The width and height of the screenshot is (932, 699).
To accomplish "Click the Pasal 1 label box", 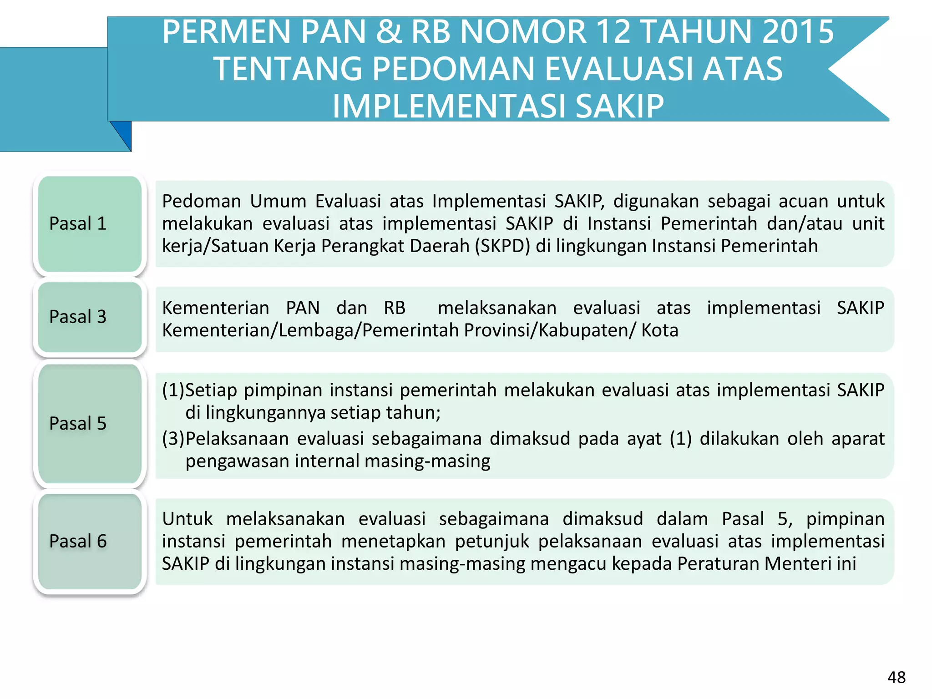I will pos(90,224).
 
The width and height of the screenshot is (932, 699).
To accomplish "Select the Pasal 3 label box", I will pos(90,317).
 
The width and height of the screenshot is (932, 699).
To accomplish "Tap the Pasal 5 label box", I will pos(90,424).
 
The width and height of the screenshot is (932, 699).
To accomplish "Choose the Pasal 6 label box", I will pos(90,542).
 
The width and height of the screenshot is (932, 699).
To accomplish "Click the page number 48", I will pos(896,678).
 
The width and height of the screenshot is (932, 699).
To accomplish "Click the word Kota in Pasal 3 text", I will pos(659,330).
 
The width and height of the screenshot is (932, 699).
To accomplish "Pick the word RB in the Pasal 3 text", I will pos(395,308).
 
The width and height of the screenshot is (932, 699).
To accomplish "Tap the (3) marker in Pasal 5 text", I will pos(173,439).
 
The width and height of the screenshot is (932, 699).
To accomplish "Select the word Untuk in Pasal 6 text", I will pos(187,519).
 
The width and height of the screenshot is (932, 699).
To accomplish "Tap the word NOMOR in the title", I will pos(523,32).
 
